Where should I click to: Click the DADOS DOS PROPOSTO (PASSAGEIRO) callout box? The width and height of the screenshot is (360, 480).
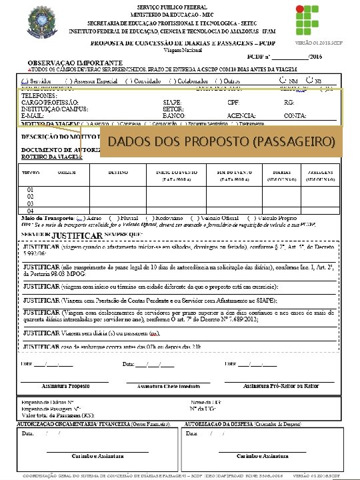click(221, 142)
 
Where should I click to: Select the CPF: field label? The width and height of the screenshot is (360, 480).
click(233, 102)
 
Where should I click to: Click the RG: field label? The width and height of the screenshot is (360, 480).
click(289, 102)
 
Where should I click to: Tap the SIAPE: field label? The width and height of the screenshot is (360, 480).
click(171, 102)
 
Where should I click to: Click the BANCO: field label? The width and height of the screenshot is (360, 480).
click(173, 115)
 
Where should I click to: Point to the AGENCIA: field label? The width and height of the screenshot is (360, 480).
click(241, 115)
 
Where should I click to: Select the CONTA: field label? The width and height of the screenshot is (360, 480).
click(295, 115)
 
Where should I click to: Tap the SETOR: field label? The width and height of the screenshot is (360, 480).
click(172, 109)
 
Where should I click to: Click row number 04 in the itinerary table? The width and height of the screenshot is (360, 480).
click(30, 211)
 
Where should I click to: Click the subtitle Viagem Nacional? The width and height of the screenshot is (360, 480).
click(181, 50)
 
